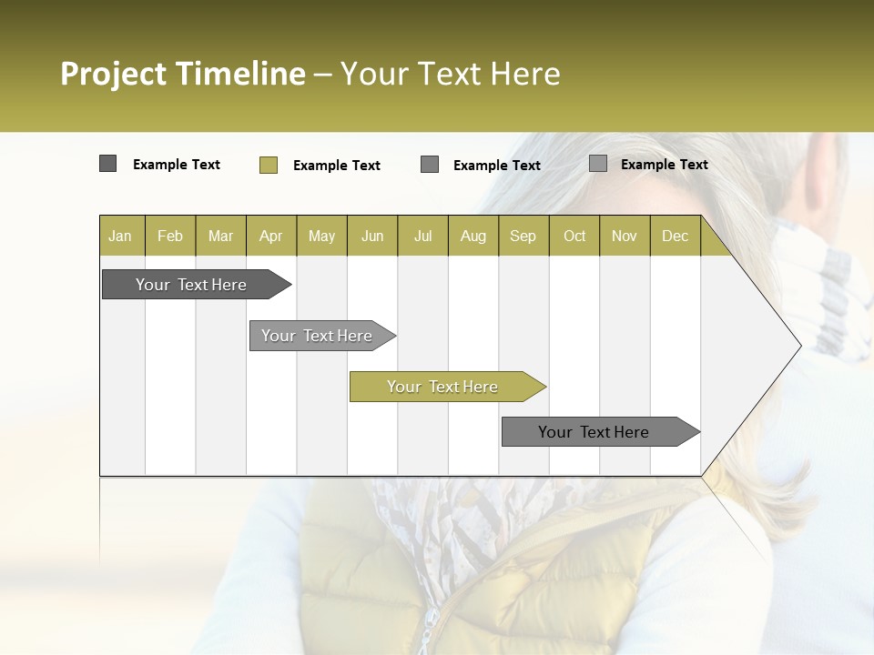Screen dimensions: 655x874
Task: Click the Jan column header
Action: tap(120, 236)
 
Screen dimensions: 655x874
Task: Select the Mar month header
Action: tap(220, 236)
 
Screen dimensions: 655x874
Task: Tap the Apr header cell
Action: tap(270, 236)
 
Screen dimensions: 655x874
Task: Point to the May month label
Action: tap(321, 236)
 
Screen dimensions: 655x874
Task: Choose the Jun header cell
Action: tap(372, 236)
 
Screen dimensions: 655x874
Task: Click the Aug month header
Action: tap(473, 236)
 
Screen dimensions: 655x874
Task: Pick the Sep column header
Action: tap(523, 236)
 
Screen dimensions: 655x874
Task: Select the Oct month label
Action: tap(574, 236)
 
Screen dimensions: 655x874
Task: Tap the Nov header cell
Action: tap(624, 236)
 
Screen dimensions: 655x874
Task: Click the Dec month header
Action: tap(675, 236)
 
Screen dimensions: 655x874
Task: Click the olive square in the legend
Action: tap(268, 165)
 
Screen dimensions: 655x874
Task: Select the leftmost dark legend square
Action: tap(107, 164)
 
